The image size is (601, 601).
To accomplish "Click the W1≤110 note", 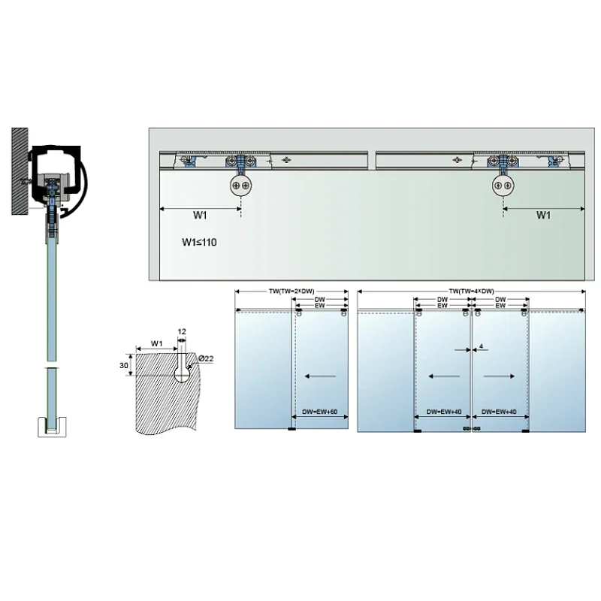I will pyautogui.click(x=199, y=243).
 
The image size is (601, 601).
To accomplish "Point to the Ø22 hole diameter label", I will pyautogui.click(x=206, y=359).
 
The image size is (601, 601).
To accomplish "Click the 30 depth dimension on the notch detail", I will pyautogui.click(x=125, y=366).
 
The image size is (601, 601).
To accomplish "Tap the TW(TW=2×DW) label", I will pyautogui.click(x=291, y=291).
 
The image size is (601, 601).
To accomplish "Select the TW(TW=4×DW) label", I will pyautogui.click(x=471, y=291).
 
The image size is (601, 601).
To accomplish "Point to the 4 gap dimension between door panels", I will pyautogui.click(x=479, y=346).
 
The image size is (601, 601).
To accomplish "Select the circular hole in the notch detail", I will pyautogui.click(x=183, y=370).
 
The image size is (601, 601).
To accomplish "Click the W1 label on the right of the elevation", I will pyautogui.click(x=545, y=216).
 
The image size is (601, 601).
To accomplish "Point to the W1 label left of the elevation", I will pyautogui.click(x=199, y=216).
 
